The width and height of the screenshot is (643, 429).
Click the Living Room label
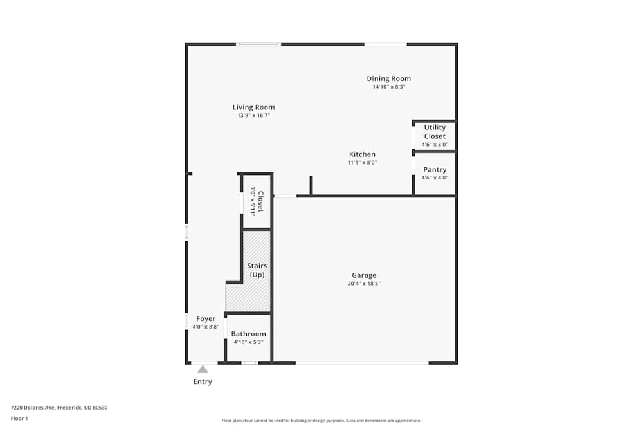pyautogui.click(x=253, y=107)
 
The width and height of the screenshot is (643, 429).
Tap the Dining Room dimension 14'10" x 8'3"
pyautogui.click(x=388, y=87)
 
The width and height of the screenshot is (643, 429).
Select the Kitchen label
pyautogui.click(x=362, y=154)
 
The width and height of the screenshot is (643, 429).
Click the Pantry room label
pyautogui.click(x=435, y=170)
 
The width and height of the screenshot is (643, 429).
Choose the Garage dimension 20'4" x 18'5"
pyautogui.click(x=363, y=284)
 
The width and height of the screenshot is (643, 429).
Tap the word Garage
pyautogui.click(x=363, y=275)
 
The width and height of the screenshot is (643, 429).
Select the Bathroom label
pyautogui.click(x=248, y=334)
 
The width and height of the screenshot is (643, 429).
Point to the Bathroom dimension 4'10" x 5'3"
pyautogui.click(x=248, y=342)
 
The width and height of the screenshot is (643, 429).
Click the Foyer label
pyautogui.click(x=206, y=318)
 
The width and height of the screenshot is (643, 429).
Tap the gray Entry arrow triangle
pyautogui.click(x=203, y=369)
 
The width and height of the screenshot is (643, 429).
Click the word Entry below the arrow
pyautogui.click(x=203, y=381)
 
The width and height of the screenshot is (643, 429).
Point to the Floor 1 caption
pyautogui.click(x=19, y=418)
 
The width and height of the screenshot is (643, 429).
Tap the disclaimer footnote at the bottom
pyautogui.click(x=321, y=421)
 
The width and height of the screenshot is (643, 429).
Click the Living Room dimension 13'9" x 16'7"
pyautogui.click(x=253, y=116)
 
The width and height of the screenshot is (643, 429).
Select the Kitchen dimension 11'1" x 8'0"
pyautogui.click(x=362, y=163)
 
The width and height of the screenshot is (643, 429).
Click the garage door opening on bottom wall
pyautogui.click(x=362, y=363)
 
